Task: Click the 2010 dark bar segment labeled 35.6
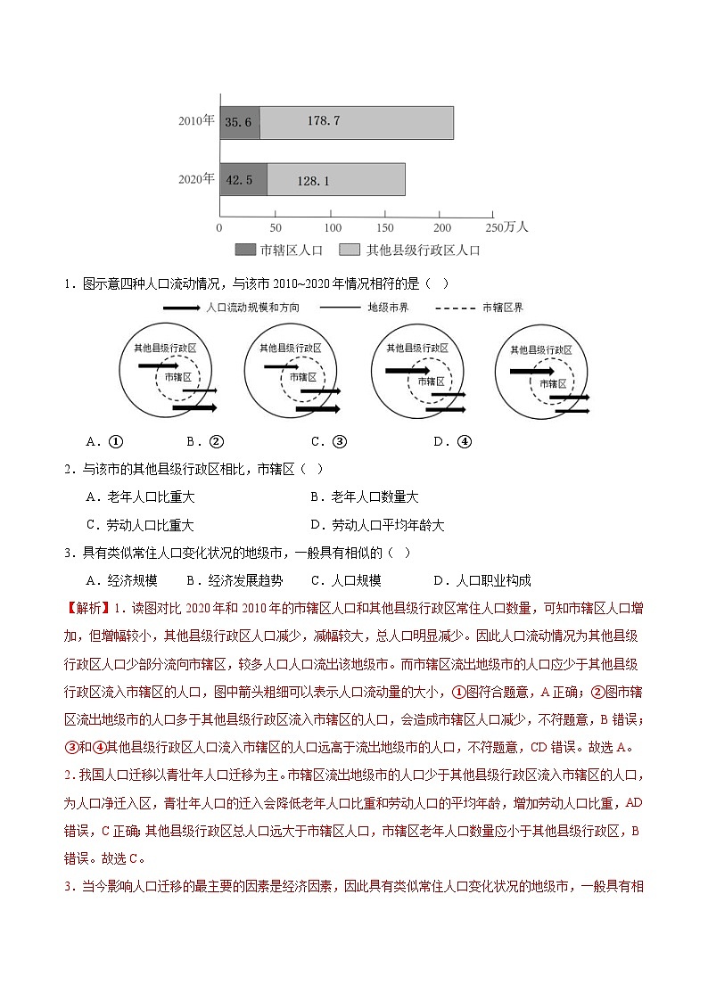(240, 122)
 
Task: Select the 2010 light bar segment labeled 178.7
(357, 122)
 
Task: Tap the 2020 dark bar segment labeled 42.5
(243, 179)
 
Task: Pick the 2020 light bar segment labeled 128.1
(336, 179)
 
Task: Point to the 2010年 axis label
(196, 120)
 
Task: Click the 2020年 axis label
(196, 178)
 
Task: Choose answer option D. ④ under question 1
(452, 440)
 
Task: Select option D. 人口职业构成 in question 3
(482, 580)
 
